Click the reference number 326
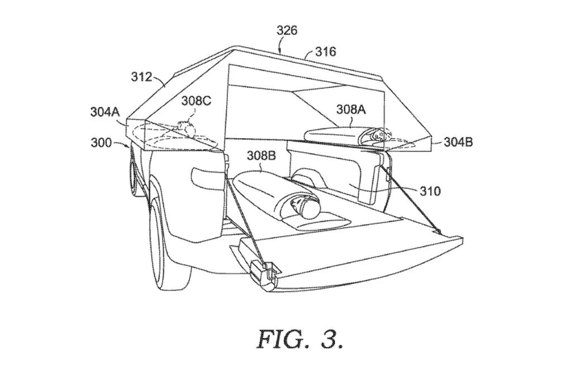[287, 30]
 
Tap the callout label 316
[326, 52]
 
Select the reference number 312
[141, 77]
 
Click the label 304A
[105, 112]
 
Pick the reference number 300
[101, 143]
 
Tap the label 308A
[351, 109]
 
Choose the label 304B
[458, 141]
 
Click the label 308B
[261, 156]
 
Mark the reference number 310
[430, 191]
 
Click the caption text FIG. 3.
[301, 339]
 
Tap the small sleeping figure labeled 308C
[185, 129]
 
